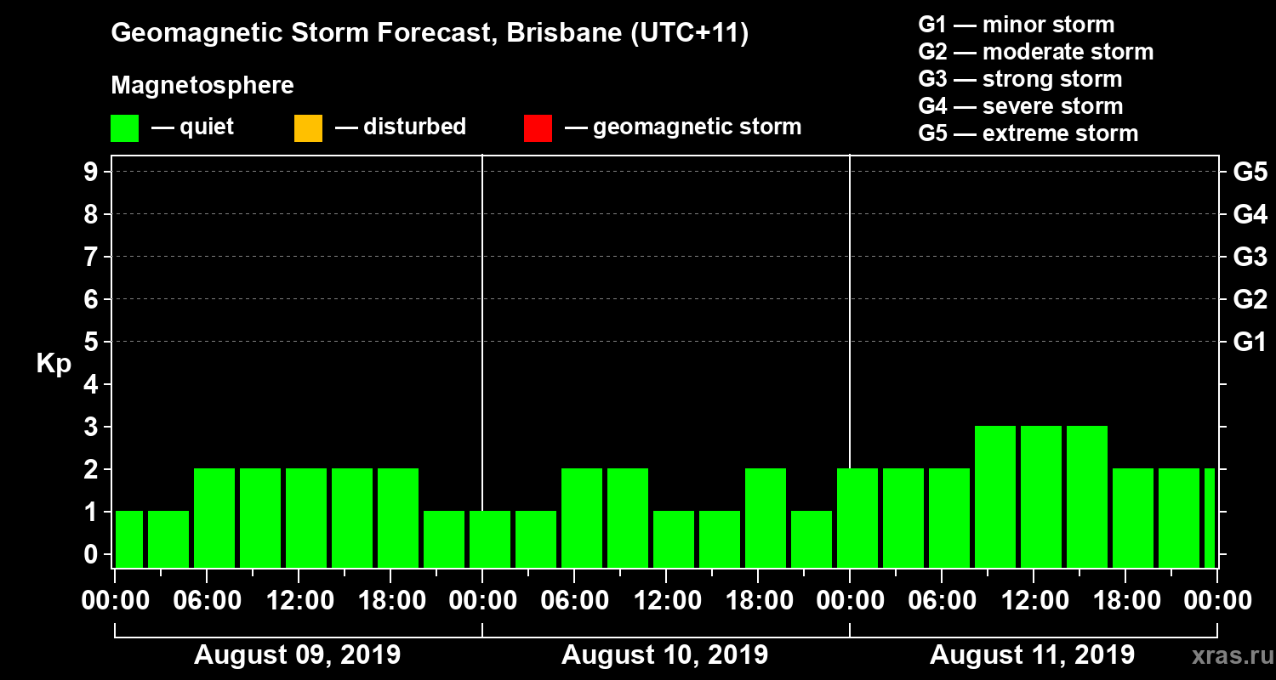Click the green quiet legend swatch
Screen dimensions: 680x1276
[124, 128]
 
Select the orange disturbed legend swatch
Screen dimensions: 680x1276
[308, 128]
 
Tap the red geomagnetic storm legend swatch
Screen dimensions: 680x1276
[538, 128]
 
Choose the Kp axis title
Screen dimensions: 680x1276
[54, 364]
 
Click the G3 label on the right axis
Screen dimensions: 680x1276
[1250, 258]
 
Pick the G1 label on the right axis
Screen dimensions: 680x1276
[1250, 343]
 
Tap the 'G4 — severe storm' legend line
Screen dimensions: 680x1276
[1020, 106]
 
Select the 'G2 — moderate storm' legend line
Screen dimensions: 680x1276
[1035, 52]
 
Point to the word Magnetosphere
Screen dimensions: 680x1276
[202, 86]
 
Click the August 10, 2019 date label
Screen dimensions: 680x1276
[664, 655]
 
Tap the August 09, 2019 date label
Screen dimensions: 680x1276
[297, 655]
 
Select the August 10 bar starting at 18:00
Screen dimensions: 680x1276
[766, 518]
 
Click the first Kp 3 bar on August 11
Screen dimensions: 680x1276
[995, 497]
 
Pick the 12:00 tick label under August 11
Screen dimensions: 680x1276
[1033, 601]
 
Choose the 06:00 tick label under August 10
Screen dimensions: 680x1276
[574, 601]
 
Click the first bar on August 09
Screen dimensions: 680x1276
[129, 540]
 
